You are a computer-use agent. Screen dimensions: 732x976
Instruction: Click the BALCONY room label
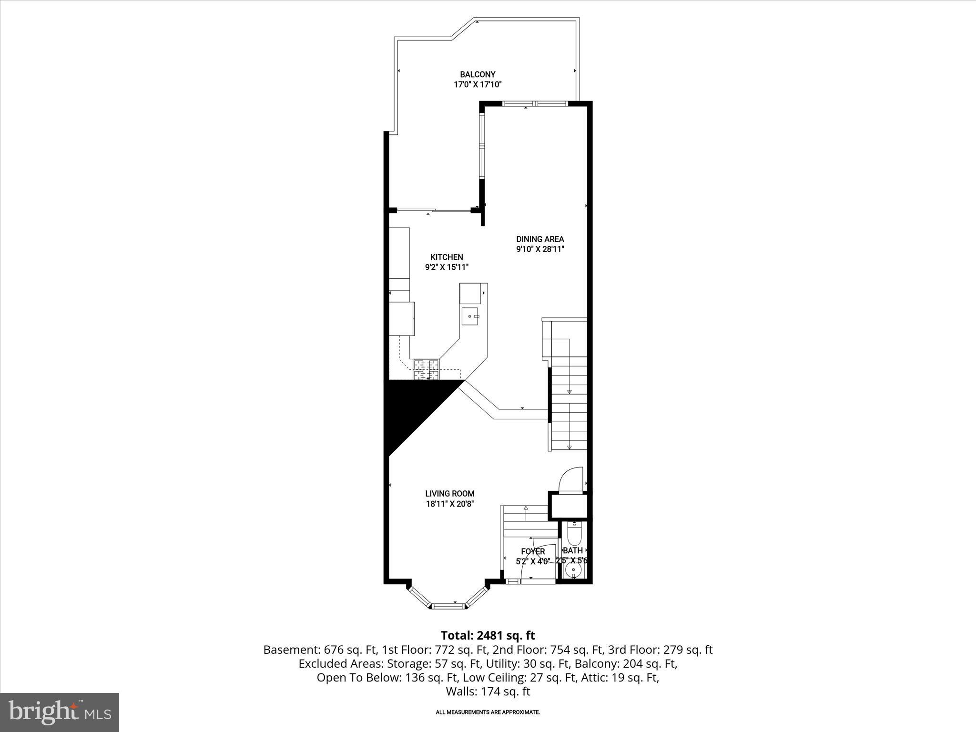[478, 74]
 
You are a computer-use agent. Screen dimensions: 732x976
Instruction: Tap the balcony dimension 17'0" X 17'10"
[478, 85]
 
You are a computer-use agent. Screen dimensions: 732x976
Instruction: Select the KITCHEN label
[447, 257]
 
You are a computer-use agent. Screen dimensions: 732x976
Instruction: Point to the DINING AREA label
[540, 239]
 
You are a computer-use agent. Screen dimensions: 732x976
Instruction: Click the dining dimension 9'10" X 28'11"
[540, 249]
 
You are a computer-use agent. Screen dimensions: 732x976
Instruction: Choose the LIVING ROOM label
[449, 494]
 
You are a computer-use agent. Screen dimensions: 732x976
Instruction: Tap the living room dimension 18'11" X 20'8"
[449, 504]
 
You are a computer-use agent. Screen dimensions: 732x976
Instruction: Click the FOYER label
[533, 551]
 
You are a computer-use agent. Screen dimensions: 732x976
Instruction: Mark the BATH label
[572, 550]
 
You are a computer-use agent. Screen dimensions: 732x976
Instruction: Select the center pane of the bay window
[447, 606]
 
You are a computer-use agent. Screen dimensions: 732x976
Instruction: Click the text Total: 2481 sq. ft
[488, 636]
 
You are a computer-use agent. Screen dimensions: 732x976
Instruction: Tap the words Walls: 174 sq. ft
[488, 691]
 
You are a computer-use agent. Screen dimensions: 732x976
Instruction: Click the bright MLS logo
[60, 712]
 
